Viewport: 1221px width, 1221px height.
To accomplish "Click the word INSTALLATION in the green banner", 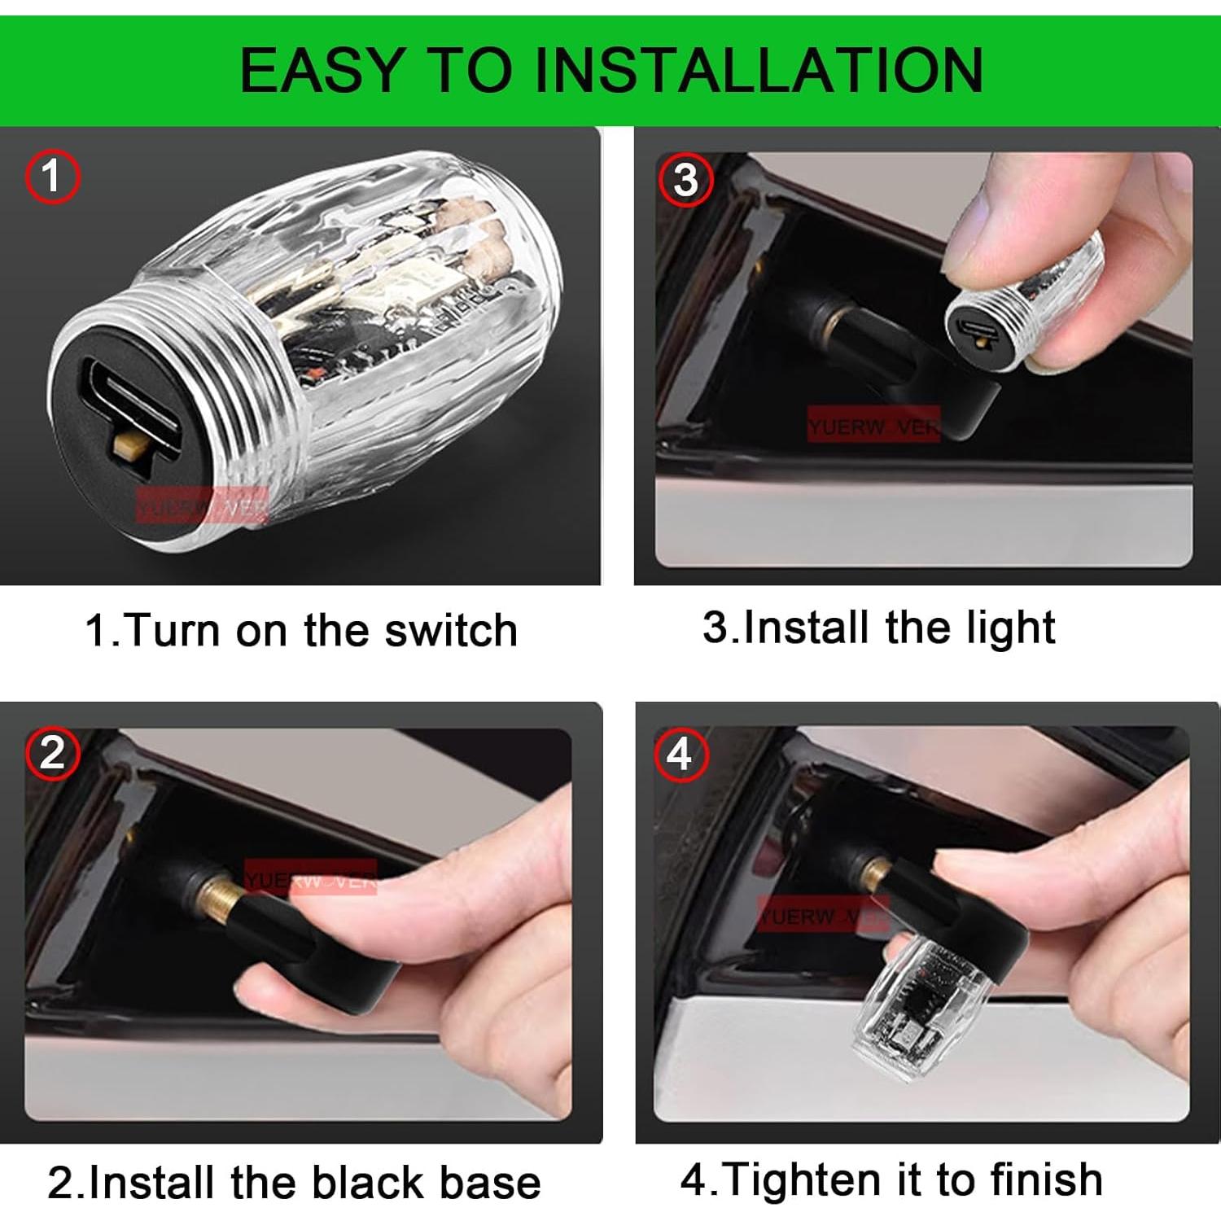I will (x=758, y=71).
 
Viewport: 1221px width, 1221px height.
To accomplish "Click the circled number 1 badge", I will (x=52, y=177).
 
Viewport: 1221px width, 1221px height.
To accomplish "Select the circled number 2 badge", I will (x=52, y=753).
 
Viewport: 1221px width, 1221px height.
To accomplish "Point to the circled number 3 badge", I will (x=685, y=180).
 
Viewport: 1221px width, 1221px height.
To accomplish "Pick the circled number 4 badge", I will (x=680, y=755).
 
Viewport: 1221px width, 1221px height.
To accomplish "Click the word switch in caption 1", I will (x=451, y=630).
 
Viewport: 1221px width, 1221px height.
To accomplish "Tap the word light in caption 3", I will (x=1010, y=628).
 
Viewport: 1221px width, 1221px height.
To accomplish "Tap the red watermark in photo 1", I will (x=201, y=506).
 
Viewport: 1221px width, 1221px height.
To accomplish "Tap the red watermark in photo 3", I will (x=873, y=425).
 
